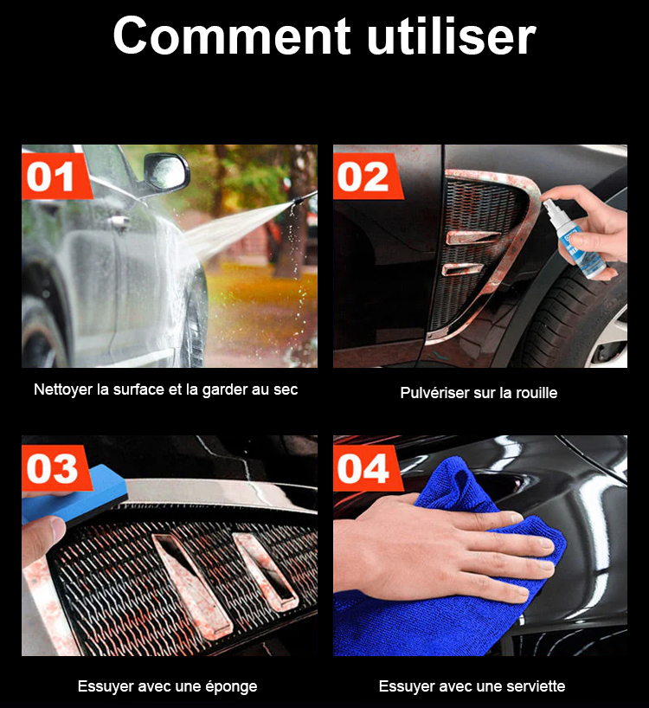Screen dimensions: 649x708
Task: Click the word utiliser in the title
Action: (x=452, y=35)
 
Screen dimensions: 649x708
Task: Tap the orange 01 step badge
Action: (x=55, y=176)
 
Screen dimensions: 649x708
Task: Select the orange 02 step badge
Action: (x=367, y=176)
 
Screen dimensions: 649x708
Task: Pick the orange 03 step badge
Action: (x=55, y=467)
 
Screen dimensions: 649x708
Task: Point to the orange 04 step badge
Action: (x=367, y=467)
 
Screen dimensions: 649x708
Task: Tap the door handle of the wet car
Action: (x=119, y=222)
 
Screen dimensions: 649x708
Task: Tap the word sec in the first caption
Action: (x=286, y=389)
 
